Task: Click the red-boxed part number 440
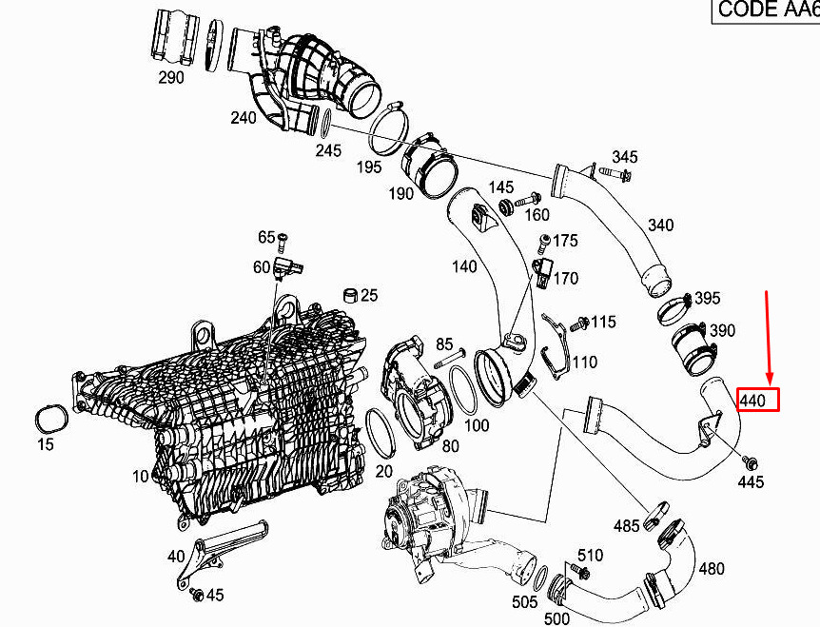coord(752,402)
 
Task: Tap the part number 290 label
coord(171,78)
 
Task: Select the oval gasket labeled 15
coord(50,418)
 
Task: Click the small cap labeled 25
coord(350,295)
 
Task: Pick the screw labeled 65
coord(283,242)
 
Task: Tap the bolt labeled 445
coord(750,461)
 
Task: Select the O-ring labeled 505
coord(542,577)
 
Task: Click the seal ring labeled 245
coord(325,124)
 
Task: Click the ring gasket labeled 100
coord(463,389)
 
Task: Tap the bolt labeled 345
coord(615,171)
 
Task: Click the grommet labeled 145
coord(506,206)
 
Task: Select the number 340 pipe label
coord(660,225)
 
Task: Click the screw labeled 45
coord(197,594)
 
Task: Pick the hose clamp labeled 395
coord(674,308)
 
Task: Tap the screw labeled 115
coord(578,323)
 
